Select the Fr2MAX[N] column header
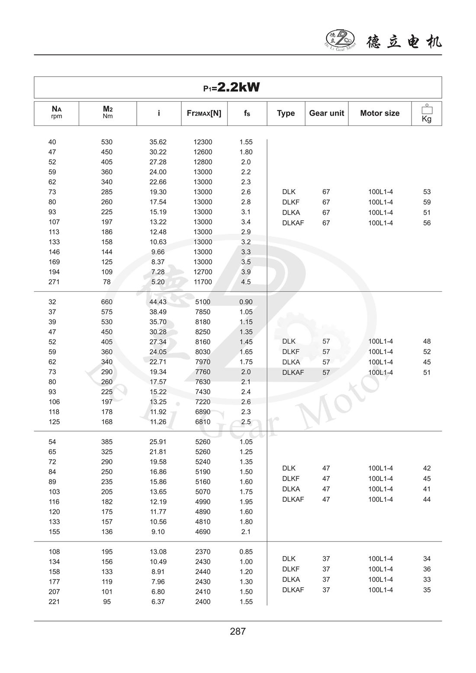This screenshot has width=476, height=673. [204, 113]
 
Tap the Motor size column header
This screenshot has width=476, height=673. [380, 113]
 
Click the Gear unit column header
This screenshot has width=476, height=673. [326, 113]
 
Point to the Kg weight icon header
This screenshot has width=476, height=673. [426, 113]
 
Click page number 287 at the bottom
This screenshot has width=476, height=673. [238, 631]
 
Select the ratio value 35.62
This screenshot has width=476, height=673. [158, 142]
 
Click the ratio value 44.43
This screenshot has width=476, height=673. [158, 302]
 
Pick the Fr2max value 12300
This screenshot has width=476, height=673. [203, 142]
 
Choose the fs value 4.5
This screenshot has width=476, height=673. [245, 282]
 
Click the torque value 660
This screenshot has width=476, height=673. [106, 302]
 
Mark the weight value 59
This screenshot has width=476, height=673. [427, 202]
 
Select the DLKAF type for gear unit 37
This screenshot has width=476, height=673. [293, 590]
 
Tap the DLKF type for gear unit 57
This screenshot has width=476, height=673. [290, 352]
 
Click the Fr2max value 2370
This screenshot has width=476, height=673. [203, 552]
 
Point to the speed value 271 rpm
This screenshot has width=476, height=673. [54, 282]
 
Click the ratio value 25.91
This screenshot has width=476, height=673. [158, 442]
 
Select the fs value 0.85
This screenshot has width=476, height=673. [246, 552]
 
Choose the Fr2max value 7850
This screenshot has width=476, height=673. [203, 312]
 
